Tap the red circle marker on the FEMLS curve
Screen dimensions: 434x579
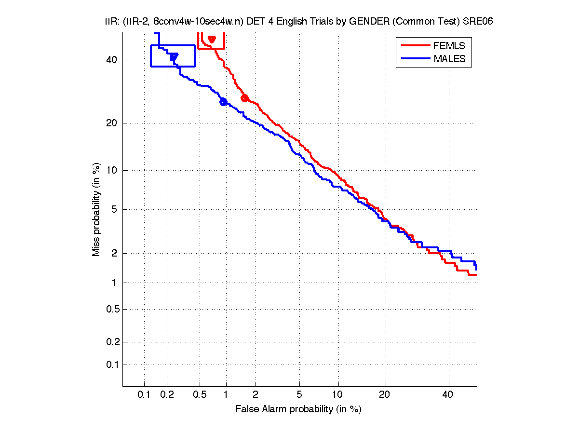(244, 98)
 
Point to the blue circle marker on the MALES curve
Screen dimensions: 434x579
(223, 102)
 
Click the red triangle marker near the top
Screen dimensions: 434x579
(212, 39)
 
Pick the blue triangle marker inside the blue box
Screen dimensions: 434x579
(174, 57)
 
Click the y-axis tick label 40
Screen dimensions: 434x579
(112, 60)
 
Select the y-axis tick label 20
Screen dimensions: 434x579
(112, 123)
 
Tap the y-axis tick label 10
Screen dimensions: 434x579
(112, 170)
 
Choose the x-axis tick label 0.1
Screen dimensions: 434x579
(144, 395)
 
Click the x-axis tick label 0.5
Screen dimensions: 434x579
(199, 395)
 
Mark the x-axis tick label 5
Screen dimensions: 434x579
(299, 395)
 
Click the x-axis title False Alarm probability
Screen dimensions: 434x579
(298, 409)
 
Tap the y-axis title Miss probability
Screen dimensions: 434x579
(97, 210)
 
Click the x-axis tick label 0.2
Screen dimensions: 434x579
(167, 395)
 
